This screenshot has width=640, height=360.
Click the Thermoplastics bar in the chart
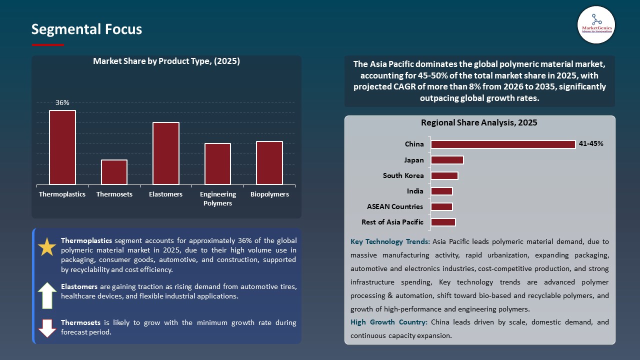coord(62,147)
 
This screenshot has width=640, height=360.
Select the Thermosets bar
coord(114,172)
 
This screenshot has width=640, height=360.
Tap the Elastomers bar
coord(166,153)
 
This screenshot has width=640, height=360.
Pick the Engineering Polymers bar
coord(217,164)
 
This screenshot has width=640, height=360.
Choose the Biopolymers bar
coord(269,163)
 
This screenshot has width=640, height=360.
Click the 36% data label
coord(62,102)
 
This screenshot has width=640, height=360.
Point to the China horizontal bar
coord(503,144)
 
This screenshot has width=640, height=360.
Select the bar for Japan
coord(447,160)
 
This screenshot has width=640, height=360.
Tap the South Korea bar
coord(444,175)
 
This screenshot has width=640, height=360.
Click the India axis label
coord(415,191)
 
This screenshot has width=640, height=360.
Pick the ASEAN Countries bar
coord(441,206)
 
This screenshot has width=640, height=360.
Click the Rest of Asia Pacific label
coord(392,222)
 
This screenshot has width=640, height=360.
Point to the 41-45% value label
coord(591,143)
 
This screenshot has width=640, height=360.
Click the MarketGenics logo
coord(596,25)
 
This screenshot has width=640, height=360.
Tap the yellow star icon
coord(47,247)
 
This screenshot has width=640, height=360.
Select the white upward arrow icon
coord(47,295)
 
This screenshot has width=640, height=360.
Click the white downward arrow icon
coord(47,327)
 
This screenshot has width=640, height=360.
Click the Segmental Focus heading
coord(86,29)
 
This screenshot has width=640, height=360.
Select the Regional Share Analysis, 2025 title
coord(479,122)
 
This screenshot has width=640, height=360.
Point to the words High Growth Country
coord(389,322)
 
